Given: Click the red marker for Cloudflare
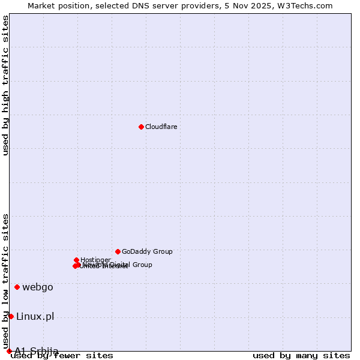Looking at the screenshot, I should pos(141,127).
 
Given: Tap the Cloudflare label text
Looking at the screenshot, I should pos(161,127).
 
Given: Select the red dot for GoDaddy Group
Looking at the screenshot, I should pos(118,251).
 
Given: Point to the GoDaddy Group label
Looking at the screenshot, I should pos(147,252).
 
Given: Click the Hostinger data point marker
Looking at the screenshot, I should pos(76,260).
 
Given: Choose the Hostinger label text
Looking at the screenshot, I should pos(95,260).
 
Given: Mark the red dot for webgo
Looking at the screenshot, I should pos(17,287).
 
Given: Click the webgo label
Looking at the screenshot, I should pos(38,287).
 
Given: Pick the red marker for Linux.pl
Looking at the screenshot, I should pos(11,316).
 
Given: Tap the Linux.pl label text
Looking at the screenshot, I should pos(35,316).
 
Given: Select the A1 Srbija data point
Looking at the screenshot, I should pos(9,351).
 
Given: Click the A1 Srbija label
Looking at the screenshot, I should pos(37,350).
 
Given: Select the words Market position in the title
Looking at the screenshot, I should pos(55,6).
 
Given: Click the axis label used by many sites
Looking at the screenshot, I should pos(301,356).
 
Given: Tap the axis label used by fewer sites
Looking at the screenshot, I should pos(62,356).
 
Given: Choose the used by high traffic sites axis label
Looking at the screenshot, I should pos(6,85).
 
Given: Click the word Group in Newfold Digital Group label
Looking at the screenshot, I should pos(142,265).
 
